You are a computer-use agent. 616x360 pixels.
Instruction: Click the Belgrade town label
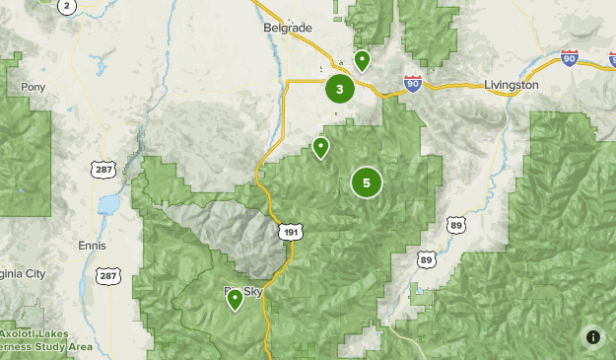point(287,28)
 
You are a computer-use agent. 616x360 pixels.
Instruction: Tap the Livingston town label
point(512,85)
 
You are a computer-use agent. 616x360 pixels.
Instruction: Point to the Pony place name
point(33,87)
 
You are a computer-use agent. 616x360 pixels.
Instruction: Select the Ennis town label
point(91,244)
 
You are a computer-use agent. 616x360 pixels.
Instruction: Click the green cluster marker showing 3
point(339,90)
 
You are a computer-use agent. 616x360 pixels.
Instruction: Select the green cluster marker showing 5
point(366,182)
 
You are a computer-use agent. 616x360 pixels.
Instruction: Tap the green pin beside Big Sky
point(235,299)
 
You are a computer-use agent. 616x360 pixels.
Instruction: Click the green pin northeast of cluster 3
point(362,61)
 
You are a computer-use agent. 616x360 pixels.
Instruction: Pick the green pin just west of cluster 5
point(320,148)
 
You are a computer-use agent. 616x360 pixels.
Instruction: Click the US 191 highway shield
point(290,232)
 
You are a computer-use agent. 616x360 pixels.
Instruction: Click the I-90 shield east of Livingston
point(569,58)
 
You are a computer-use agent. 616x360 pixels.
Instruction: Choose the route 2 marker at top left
point(67,6)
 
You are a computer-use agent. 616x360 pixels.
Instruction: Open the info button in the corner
point(592,336)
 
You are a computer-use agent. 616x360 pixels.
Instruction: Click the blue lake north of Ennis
point(107,204)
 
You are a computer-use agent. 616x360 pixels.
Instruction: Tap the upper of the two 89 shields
point(454,225)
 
